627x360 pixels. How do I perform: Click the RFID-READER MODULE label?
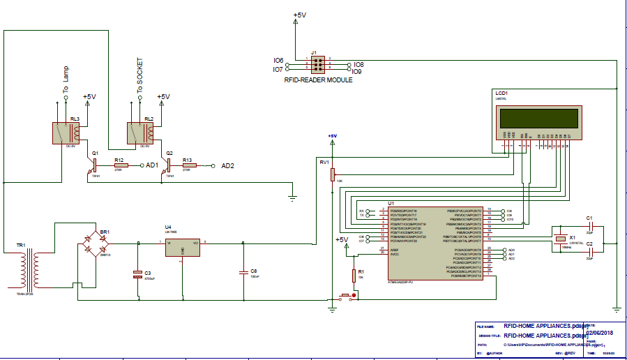tap(318, 80)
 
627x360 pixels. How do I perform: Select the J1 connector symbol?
tap(317, 65)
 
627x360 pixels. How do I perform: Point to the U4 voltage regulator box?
tap(182, 247)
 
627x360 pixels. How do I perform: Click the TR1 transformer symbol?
tap(29, 269)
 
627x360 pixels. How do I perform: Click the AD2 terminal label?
tap(227, 166)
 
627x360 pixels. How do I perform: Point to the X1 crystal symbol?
tap(563, 240)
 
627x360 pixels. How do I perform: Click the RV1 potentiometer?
tap(332, 173)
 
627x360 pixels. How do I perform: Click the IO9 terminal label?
tap(356, 71)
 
